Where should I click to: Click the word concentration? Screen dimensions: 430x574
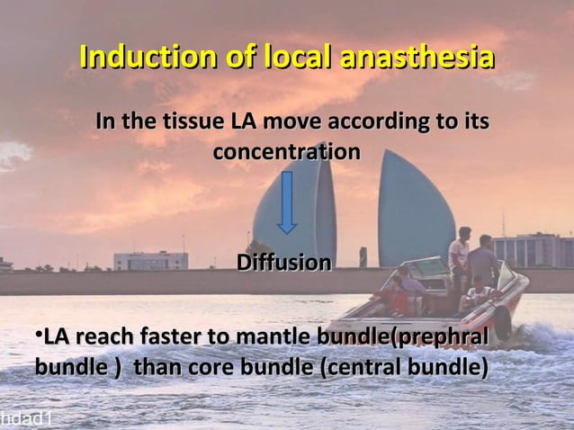point(286,151)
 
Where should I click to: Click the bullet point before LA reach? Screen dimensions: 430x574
point(39,336)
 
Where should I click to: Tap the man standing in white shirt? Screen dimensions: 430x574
point(459,261)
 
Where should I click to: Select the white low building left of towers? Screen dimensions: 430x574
point(150,260)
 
